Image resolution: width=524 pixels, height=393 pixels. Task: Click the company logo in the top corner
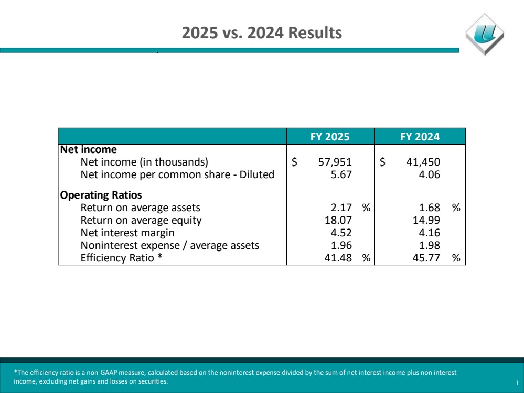[485, 34]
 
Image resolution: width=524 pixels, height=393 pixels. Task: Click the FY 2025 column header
[330, 137]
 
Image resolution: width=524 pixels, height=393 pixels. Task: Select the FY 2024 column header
[420, 137]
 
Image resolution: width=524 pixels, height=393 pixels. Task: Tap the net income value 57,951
[335, 162]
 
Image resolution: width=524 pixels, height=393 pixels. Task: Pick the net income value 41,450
[423, 162]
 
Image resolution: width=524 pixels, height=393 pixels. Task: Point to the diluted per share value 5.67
[341, 174]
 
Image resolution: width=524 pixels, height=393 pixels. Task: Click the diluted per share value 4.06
[430, 174]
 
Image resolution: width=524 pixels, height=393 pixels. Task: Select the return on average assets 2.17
[341, 208]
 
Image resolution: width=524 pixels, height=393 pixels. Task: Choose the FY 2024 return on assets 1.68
[430, 208]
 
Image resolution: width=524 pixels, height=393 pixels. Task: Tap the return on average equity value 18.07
[338, 220]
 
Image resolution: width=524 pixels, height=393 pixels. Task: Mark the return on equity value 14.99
[426, 220]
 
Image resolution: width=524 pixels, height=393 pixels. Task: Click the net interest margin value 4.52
[341, 233]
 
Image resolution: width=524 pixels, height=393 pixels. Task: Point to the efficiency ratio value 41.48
[338, 258]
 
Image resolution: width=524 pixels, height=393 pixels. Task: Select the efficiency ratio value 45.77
[426, 258]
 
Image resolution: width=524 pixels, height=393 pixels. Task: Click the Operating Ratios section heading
[101, 195]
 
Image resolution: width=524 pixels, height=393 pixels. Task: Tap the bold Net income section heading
[89, 149]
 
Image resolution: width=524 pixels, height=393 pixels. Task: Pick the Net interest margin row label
[127, 233]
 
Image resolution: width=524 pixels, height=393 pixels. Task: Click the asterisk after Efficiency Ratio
[160, 256]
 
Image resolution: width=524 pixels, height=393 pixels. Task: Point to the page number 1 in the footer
[517, 384]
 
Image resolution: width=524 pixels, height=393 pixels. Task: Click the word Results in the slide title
[315, 32]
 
